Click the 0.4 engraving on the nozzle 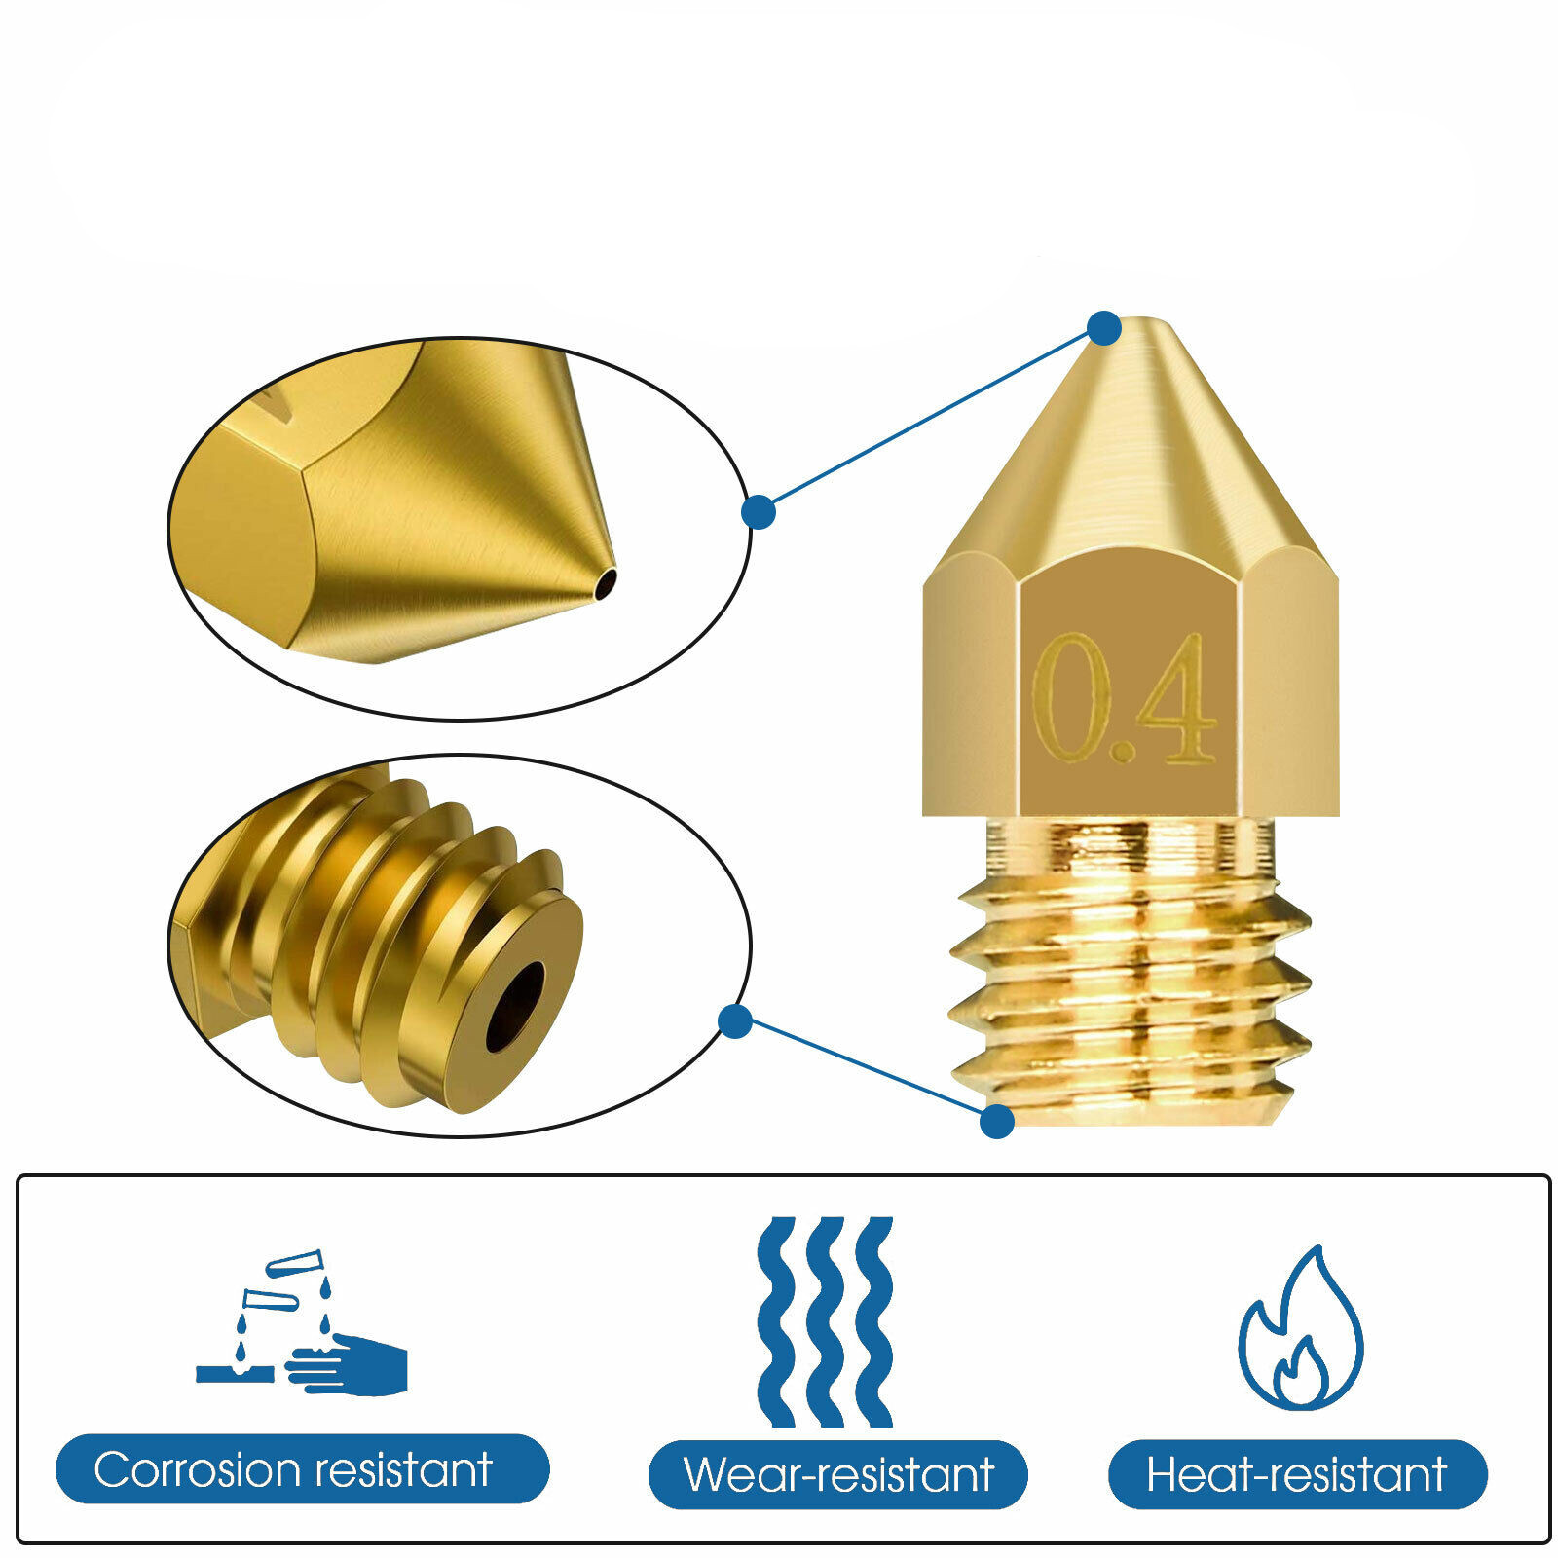(x=1125, y=699)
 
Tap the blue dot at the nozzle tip (x=1103, y=328)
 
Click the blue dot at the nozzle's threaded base (x=996, y=1122)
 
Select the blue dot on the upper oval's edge (x=759, y=512)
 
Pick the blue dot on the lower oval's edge (x=735, y=1021)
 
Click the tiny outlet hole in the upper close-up (x=607, y=582)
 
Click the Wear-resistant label (x=838, y=1474)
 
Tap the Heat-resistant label (x=1297, y=1474)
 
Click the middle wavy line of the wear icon (x=826, y=1320)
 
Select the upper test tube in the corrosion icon (x=293, y=1264)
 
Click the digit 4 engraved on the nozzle (x=1176, y=699)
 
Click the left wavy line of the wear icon (x=776, y=1320)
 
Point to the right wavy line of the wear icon (x=874, y=1320)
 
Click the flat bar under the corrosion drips (x=235, y=1374)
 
